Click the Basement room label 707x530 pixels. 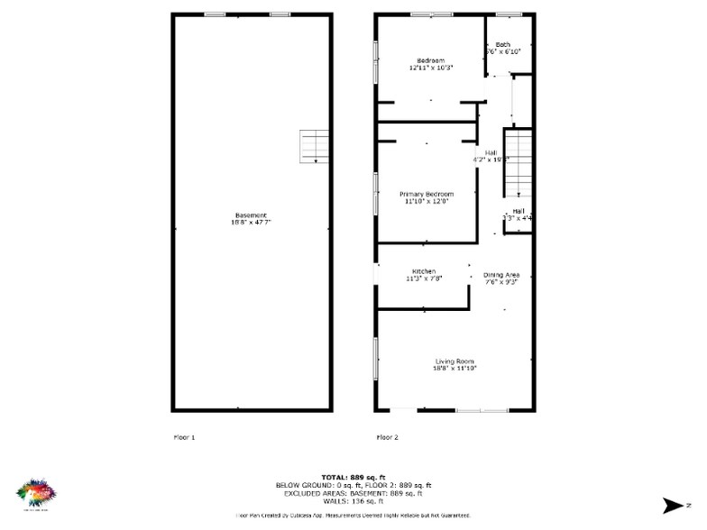(251, 215)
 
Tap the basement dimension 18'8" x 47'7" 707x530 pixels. (251, 222)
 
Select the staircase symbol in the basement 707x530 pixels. (312, 147)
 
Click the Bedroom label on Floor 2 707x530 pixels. (430, 60)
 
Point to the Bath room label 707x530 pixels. (502, 45)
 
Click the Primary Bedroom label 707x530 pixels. (427, 194)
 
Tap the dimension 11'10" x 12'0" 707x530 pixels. (427, 201)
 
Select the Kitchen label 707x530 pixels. (424, 271)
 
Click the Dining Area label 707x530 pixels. (500, 274)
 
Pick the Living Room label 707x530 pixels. (454, 361)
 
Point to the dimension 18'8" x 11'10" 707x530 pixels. (454, 368)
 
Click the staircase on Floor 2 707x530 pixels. (518, 163)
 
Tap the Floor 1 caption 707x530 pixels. (184, 437)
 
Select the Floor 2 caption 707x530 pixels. (387, 437)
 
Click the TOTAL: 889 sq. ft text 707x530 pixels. (353, 477)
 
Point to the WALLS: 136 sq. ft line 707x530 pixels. (353, 501)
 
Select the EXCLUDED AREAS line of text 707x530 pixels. (353, 493)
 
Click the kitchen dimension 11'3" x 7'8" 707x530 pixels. (424, 279)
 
